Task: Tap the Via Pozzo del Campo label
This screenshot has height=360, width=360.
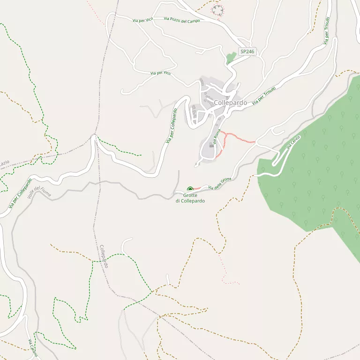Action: pos(182,20)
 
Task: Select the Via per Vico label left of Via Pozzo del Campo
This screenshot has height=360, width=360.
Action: pos(142,20)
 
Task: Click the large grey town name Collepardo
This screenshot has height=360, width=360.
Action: pos(230,103)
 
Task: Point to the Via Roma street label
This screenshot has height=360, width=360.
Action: pos(216,136)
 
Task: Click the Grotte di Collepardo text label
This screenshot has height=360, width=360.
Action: pos(190,198)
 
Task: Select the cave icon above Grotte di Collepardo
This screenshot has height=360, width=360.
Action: pos(190,189)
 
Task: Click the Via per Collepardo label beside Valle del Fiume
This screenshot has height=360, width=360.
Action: pos(20,193)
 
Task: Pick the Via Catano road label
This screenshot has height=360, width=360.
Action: pos(32,348)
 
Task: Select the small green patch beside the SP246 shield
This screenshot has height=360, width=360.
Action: pos(231,58)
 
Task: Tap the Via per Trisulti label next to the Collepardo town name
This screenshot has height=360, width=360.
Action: pos(263,96)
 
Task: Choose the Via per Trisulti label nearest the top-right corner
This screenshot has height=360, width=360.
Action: pos(327,31)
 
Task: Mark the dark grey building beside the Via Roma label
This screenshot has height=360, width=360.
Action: pos(212,145)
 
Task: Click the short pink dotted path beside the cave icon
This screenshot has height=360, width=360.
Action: pos(197,188)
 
